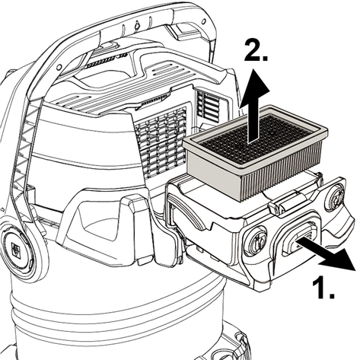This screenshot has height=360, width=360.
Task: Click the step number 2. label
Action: click(x=256, y=51)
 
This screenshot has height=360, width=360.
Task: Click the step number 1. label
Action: click(x=323, y=288)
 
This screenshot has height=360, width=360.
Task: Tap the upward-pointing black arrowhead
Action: click(x=254, y=89)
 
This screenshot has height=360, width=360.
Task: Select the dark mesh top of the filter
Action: click(x=255, y=139)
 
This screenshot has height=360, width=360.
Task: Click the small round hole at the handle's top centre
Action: click(x=137, y=25)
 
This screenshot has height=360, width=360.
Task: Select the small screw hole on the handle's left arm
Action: click(x=59, y=67)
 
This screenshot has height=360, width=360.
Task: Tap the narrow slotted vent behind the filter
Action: click(x=208, y=105)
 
